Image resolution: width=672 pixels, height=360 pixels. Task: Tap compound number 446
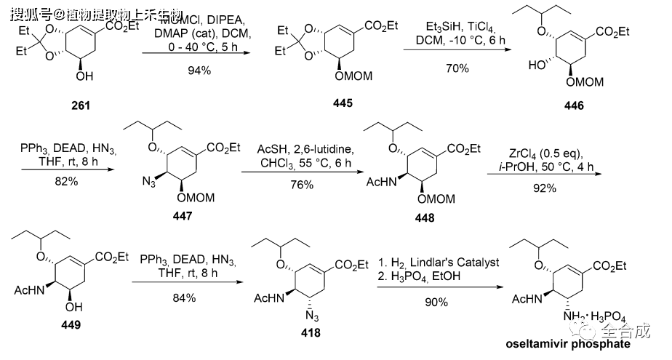click(572, 106)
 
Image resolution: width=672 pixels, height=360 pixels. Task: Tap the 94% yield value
click(196, 71)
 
